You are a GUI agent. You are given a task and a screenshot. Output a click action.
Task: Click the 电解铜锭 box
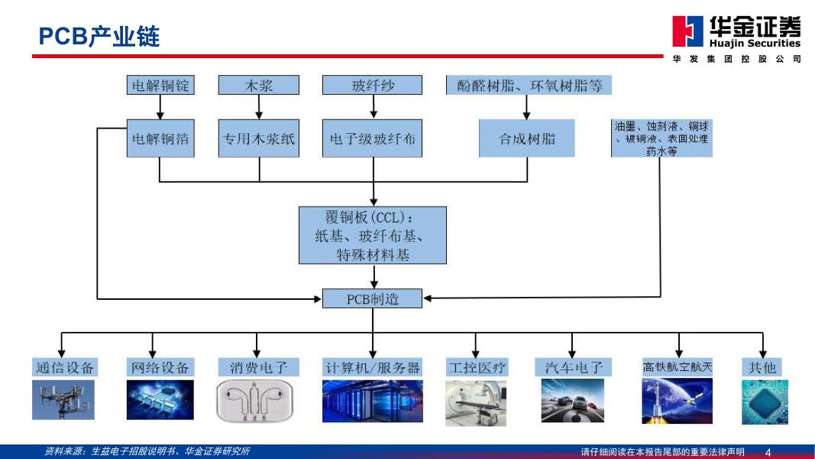[160, 86]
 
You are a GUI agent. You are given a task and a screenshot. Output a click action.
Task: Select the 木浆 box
[258, 86]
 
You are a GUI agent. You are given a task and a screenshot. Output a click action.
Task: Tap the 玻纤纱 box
[373, 86]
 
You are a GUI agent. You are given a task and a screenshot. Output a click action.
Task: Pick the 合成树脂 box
[527, 138]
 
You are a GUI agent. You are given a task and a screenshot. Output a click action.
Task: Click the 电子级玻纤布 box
[373, 138]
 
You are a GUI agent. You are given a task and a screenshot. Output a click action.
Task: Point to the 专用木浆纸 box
[258, 138]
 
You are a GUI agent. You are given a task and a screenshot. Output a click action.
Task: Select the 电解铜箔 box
[160, 138]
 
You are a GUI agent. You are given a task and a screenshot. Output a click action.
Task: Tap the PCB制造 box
[373, 298]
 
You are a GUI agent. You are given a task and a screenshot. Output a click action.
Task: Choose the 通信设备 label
[64, 368]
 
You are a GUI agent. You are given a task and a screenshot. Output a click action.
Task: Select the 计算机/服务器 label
[373, 368]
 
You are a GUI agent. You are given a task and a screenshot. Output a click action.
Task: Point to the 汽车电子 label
[574, 368]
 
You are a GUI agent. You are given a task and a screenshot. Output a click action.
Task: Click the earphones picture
[254, 402]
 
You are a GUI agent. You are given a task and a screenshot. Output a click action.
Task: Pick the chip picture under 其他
[765, 402]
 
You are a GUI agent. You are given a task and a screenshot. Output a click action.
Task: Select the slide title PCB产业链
[99, 37]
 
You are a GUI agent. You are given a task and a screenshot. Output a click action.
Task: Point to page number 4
[768, 452]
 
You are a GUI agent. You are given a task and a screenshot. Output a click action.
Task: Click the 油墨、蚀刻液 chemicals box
[661, 138]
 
